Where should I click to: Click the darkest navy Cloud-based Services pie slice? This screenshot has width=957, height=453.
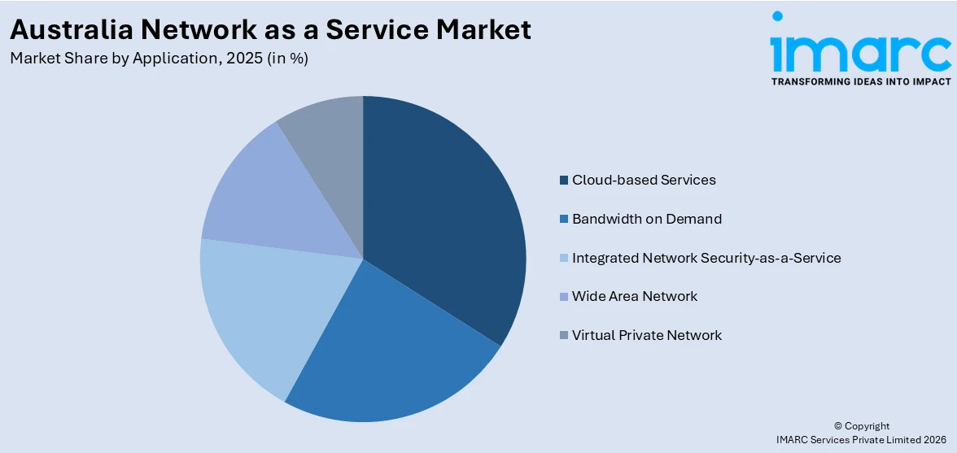tap(444, 211)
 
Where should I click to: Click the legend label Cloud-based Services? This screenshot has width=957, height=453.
tap(643, 180)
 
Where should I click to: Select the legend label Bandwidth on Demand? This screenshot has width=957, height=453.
tap(646, 219)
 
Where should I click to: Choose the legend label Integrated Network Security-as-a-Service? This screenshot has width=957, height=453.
tap(706, 258)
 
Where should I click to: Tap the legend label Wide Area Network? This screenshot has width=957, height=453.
tap(634, 296)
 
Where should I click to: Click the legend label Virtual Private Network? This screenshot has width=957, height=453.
tap(646, 335)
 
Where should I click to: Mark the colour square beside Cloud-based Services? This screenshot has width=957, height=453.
tap(564, 181)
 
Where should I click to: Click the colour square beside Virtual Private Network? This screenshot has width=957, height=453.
tap(564, 336)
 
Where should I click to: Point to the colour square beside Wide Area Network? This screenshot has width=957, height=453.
tap(564, 297)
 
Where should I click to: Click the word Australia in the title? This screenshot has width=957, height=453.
tap(71, 29)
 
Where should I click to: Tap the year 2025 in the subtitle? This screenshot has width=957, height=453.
tap(247, 59)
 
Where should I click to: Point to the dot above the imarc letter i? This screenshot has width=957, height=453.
tap(777, 16)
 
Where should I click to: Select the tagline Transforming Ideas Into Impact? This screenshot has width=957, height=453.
tap(860, 81)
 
